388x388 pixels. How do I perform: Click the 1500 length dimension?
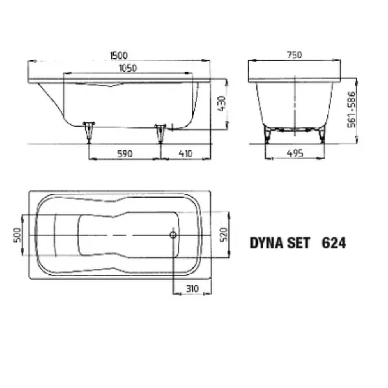tap(120, 57)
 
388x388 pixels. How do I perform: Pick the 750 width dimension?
tap(296, 57)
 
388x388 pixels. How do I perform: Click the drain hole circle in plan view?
tap(173, 235)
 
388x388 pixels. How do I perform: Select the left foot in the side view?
tap(91, 129)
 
